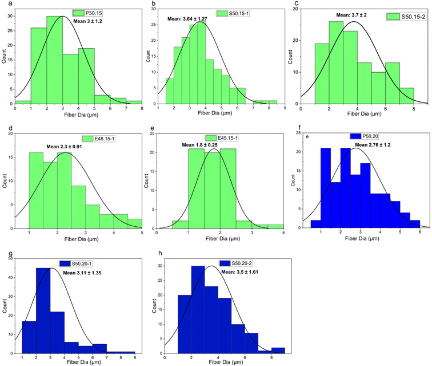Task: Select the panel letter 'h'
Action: click(x=153, y=256)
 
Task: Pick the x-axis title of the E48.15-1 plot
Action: click(x=83, y=241)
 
